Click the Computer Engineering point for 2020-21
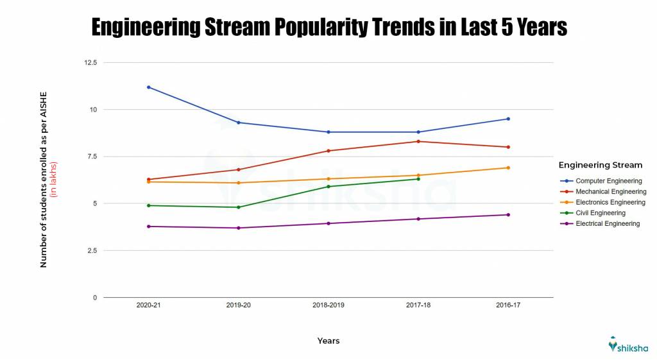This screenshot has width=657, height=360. click(x=149, y=87)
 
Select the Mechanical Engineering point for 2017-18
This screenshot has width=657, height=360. click(x=418, y=141)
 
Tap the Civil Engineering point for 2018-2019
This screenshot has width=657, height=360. click(x=328, y=187)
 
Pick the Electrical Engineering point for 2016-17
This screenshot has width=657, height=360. click(x=508, y=215)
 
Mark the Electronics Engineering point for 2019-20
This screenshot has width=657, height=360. click(x=239, y=183)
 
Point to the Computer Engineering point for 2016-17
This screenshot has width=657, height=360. click(x=508, y=119)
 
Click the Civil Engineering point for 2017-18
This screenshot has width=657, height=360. click(x=418, y=179)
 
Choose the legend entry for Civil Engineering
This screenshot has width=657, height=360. click(x=600, y=213)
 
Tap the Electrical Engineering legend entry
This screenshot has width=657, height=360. click(x=607, y=224)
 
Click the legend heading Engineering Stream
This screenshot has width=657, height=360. click(x=600, y=166)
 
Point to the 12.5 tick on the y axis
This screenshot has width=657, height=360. click(x=90, y=63)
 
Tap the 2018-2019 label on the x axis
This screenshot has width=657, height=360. click(x=328, y=305)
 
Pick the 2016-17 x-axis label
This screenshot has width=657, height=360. click(x=508, y=305)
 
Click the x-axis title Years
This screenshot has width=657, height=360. click(x=328, y=341)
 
